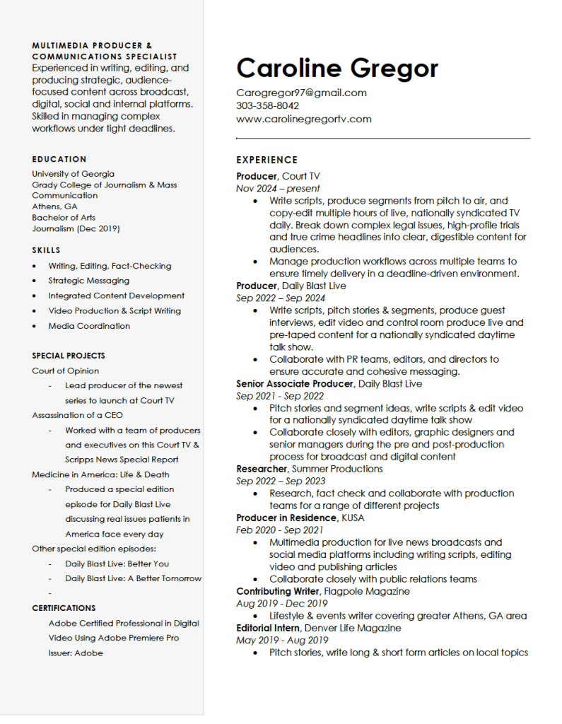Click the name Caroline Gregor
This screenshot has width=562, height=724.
click(337, 69)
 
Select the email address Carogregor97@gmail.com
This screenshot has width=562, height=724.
click(301, 93)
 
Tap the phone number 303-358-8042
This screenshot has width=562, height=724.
click(267, 106)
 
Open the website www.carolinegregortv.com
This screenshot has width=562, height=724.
click(303, 119)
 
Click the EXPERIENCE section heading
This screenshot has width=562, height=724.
click(267, 160)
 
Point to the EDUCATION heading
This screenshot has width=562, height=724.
click(59, 160)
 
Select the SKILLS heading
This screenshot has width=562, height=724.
click(46, 250)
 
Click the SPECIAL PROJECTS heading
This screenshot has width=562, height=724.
click(69, 356)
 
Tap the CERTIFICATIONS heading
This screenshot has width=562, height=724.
click(64, 608)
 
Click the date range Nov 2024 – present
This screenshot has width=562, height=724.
click(278, 189)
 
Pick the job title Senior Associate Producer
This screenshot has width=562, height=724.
click(295, 384)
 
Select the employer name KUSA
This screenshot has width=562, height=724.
click(353, 518)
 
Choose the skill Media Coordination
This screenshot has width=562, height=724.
click(89, 326)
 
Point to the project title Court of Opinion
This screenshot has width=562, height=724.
click(65, 370)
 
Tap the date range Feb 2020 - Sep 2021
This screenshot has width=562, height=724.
click(279, 530)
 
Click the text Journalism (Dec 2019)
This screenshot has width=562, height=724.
click(76, 228)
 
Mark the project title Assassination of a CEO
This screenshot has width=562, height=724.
click(77, 415)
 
